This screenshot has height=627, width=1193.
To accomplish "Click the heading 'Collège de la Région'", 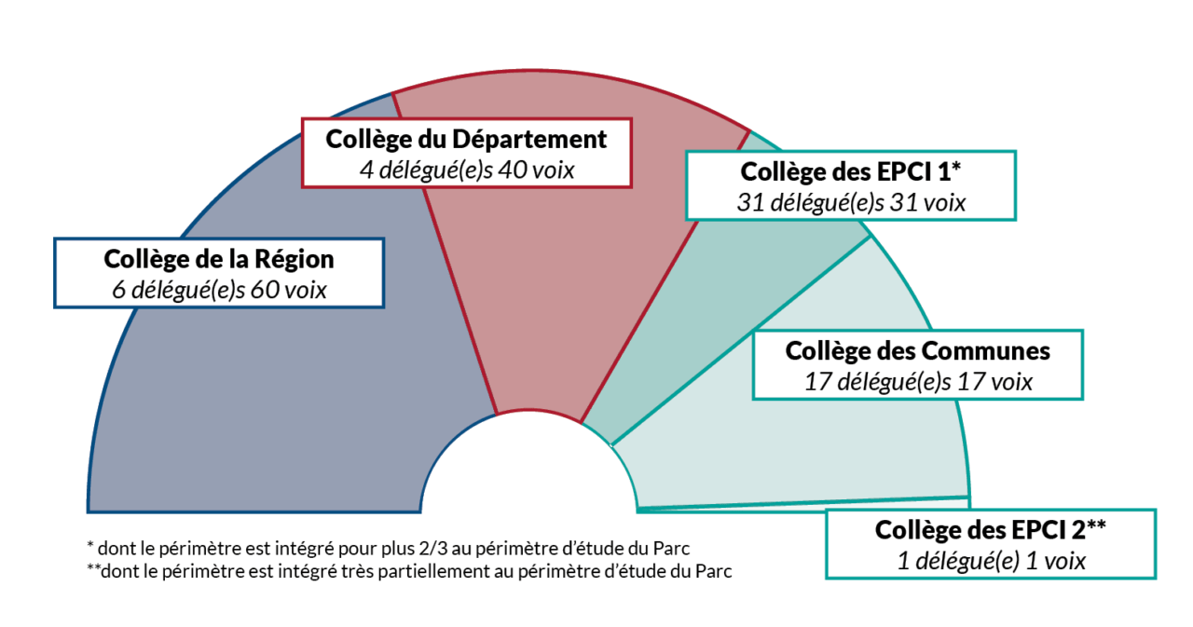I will click(x=219, y=259).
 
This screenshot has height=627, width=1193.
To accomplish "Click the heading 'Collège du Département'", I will click(x=466, y=139).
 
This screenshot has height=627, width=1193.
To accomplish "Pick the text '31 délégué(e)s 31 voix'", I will click(x=850, y=201).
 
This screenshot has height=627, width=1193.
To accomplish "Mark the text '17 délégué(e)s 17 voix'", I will click(x=917, y=381).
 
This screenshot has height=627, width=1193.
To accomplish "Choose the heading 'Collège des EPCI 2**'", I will click(x=990, y=530).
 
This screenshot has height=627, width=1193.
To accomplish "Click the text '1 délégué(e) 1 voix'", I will click(x=990, y=560).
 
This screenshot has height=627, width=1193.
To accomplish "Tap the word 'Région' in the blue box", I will click(x=294, y=259).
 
